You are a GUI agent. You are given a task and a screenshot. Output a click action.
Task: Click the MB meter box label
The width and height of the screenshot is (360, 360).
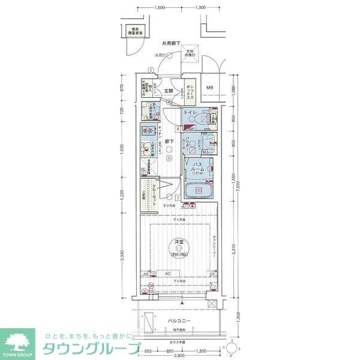pos(210,88)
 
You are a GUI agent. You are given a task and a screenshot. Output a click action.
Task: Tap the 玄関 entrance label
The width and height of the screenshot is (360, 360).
pos(169,91)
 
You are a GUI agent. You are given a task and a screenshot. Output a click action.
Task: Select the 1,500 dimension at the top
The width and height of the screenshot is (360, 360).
pos(160,8)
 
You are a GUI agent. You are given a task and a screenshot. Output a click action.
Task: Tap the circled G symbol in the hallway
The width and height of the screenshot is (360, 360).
pos(170,159)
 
